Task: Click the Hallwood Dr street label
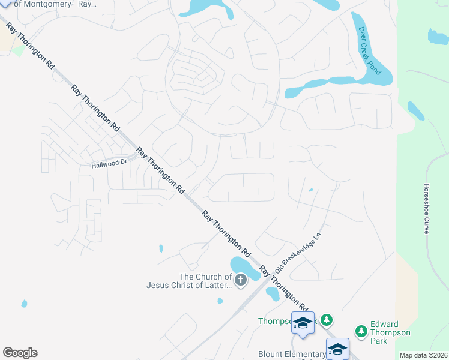(109, 164)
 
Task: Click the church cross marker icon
(241, 280)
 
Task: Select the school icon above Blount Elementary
(337, 349)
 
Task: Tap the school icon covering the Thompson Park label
(303, 323)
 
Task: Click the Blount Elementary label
(291, 354)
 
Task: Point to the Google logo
(20, 353)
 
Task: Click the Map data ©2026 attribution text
(423, 355)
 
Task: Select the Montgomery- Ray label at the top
(55, 4)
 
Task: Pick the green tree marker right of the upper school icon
(326, 320)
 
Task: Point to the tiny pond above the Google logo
(24, 304)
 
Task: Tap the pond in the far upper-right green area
(438, 37)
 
